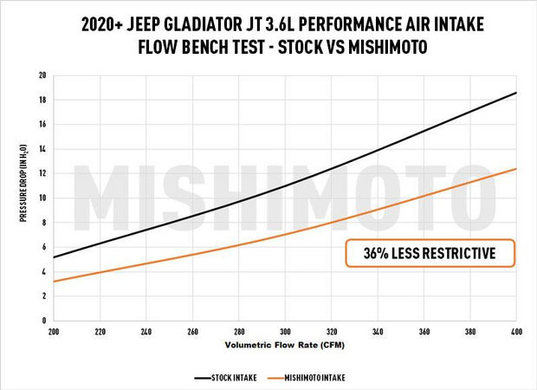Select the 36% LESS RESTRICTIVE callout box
tap(430, 253)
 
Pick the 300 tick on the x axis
tap(285, 330)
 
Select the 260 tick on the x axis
tap(192, 330)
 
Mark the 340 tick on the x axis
tap(378, 330)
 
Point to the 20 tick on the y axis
tap(42, 75)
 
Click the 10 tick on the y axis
tap(42, 198)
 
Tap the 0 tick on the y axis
tap(43, 320)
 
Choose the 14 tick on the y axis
tap(42, 149)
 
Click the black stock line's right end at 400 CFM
tap(517, 93)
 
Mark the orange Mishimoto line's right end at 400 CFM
tap(517, 169)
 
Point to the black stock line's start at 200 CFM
tap(53, 257)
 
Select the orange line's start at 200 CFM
tap(53, 282)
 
